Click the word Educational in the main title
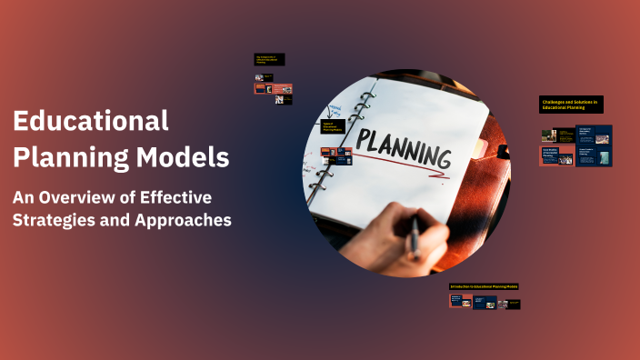point(91,121)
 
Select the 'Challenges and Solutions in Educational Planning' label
point(571,105)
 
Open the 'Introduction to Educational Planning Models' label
point(485,286)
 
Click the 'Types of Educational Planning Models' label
point(331,126)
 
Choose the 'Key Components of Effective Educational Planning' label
point(269,59)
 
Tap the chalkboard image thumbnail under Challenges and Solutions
point(549,135)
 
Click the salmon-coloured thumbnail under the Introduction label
point(460,301)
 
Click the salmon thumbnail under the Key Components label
point(273,89)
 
